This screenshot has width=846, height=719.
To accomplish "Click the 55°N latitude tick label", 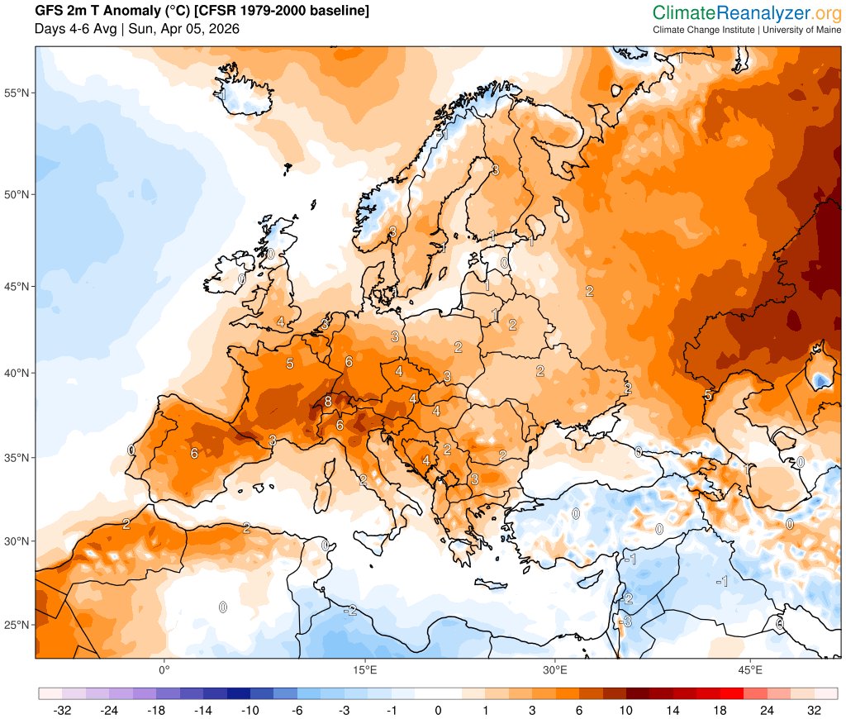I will pyautogui.click(x=18, y=93).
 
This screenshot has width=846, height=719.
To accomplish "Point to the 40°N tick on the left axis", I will pyautogui.click(x=18, y=373).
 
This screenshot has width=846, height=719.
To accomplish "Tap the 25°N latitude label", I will pyautogui.click(x=18, y=625).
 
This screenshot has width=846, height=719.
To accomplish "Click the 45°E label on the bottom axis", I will pyautogui.click(x=750, y=669).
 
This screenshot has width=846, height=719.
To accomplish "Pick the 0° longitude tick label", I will pyautogui.click(x=164, y=669).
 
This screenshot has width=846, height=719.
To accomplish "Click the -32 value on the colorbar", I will pyautogui.click(x=60, y=710).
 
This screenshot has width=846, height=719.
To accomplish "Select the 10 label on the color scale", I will pyautogui.click(x=626, y=710).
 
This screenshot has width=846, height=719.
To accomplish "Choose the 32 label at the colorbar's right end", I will pyautogui.click(x=814, y=710).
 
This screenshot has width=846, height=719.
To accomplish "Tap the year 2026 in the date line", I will pyautogui.click(x=224, y=29).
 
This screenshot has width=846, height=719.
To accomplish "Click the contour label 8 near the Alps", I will pyautogui.click(x=328, y=402).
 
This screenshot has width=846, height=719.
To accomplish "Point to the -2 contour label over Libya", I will pyautogui.click(x=350, y=610).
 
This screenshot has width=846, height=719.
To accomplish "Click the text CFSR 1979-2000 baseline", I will pyautogui.click(x=281, y=12).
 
